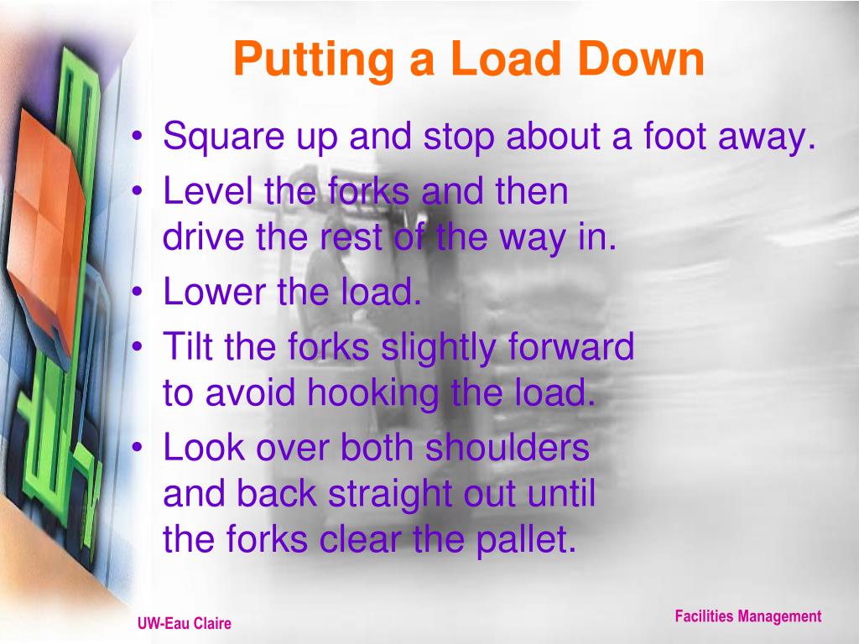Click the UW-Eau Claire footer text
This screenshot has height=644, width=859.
point(184,624)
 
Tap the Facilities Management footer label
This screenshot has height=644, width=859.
point(747,617)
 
